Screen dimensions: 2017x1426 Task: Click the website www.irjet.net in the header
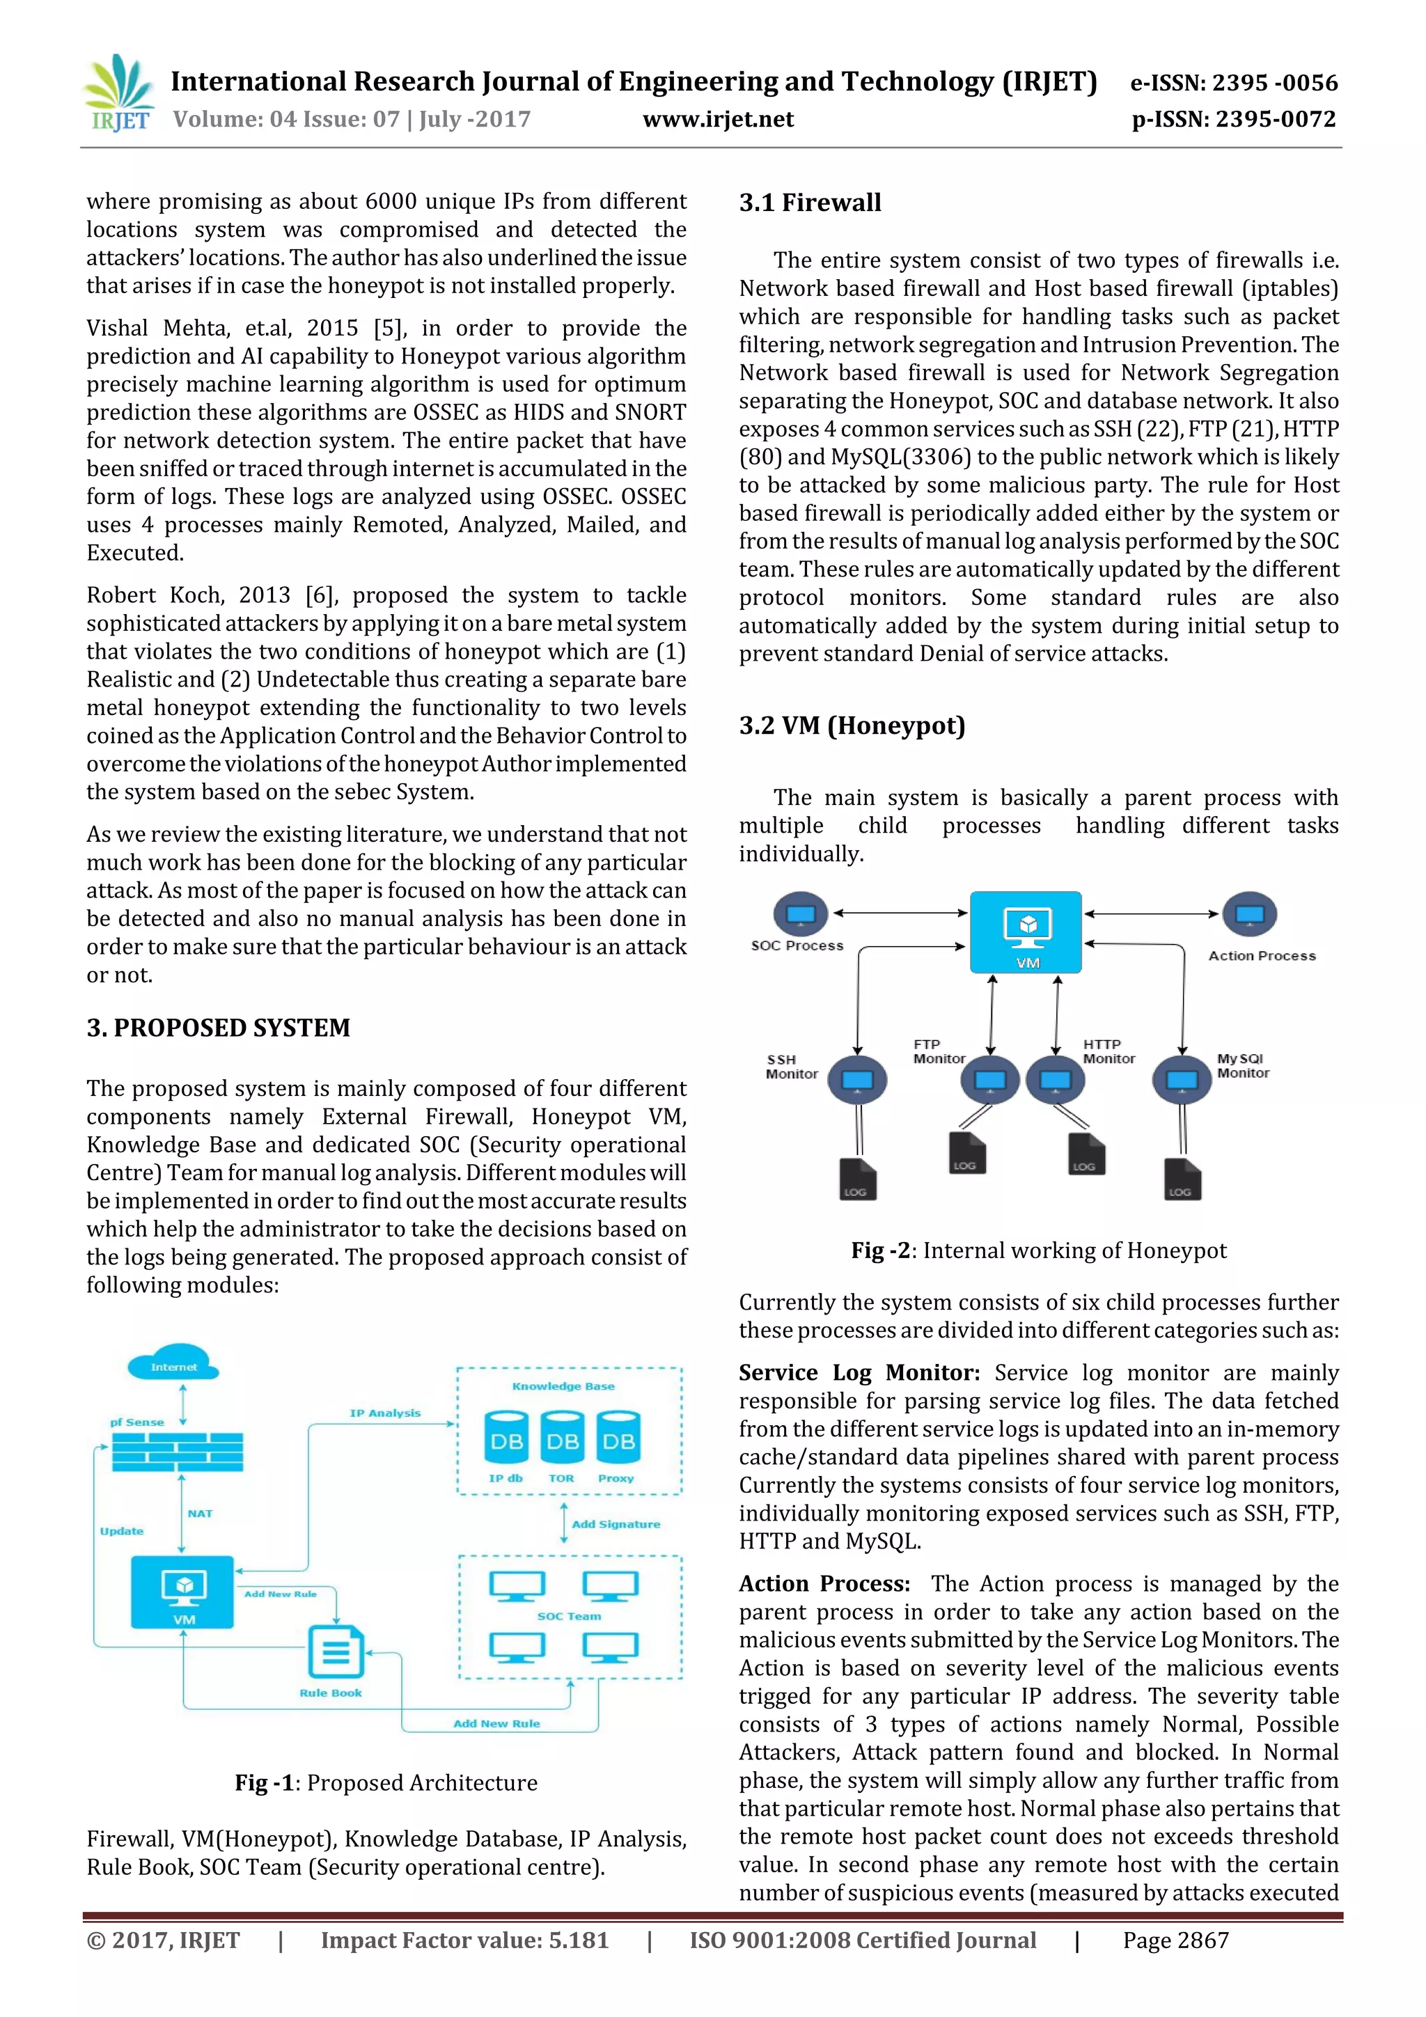[718, 120]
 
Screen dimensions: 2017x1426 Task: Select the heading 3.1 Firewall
[809, 203]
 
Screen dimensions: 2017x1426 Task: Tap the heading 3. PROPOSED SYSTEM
[218, 1028]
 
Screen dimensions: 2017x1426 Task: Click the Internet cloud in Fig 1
[173, 1363]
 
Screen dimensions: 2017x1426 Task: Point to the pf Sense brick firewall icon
[177, 1451]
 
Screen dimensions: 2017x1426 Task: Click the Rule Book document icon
[335, 1652]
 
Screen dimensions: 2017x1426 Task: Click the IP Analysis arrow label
[385, 1413]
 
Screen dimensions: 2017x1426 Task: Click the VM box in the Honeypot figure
[1026, 931]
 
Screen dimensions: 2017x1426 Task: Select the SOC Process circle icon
[799, 913]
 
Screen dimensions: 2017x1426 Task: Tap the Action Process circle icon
[1248, 913]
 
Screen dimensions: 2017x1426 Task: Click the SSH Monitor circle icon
[858, 1080]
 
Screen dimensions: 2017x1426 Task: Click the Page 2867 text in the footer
[1175, 1940]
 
